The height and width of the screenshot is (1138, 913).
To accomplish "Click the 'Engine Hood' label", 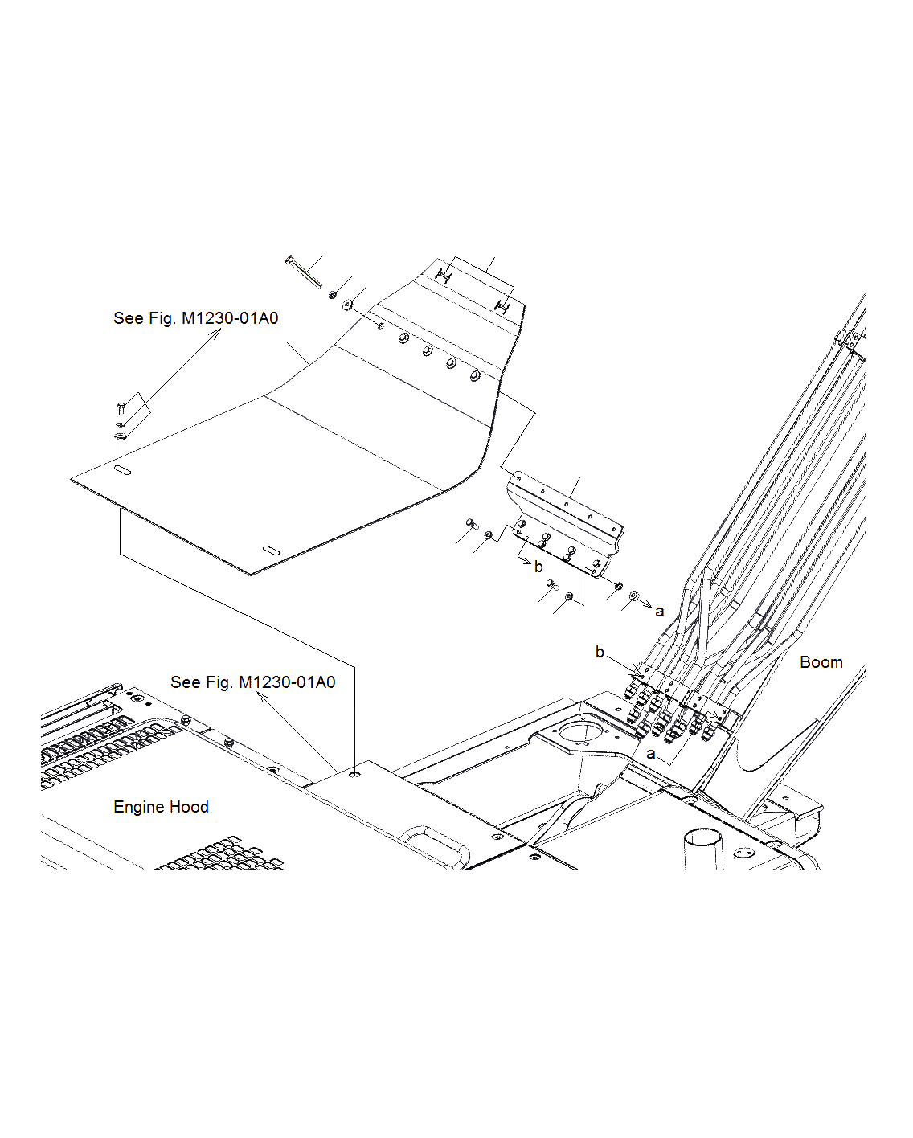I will coord(161,807).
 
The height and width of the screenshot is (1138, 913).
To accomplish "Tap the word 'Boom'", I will coord(821,662).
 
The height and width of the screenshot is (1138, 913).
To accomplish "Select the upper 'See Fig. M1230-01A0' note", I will coord(195,318).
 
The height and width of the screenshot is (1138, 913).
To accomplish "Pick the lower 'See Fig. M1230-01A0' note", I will coord(252,682).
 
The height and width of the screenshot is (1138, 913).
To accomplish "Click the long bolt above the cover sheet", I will coord(303,271).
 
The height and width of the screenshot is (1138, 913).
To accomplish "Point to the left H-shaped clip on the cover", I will coord(443,276).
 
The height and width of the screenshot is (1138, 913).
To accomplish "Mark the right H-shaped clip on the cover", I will coord(503,306).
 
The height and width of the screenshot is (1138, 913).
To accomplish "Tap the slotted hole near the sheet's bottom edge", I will coord(272,550).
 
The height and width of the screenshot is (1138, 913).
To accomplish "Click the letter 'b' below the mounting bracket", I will coord(538,567).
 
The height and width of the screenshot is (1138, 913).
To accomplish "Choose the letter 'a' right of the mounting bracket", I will coord(660,612).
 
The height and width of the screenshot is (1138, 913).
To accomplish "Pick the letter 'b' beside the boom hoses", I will coord(600,652).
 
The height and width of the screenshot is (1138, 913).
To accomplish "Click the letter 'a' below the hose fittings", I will coord(651,754).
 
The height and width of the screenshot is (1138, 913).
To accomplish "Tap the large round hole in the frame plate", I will coord(578,732).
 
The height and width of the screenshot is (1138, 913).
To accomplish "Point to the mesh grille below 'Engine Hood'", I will coord(221,855).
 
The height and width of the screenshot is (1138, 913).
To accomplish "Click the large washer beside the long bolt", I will coord(347,305).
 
